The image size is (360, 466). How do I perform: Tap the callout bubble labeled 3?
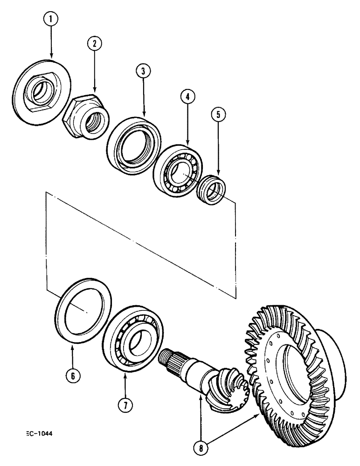tap(143, 71)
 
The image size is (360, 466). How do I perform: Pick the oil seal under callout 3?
tap(134, 145)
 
